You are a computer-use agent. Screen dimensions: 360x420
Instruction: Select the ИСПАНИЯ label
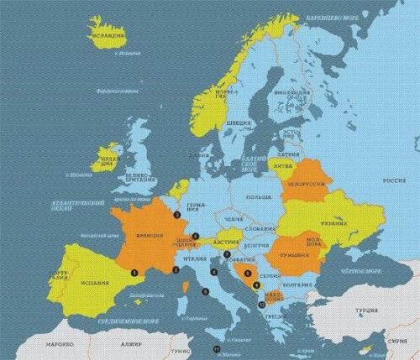point(95,283)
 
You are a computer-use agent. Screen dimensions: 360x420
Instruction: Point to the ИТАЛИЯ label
point(195,259)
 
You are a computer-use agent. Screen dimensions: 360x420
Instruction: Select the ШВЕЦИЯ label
point(239,123)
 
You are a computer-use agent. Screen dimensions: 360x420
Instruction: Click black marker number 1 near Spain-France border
point(135,270)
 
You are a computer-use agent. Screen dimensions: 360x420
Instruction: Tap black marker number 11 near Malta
point(216,347)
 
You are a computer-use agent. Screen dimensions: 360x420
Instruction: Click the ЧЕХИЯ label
point(234,218)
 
